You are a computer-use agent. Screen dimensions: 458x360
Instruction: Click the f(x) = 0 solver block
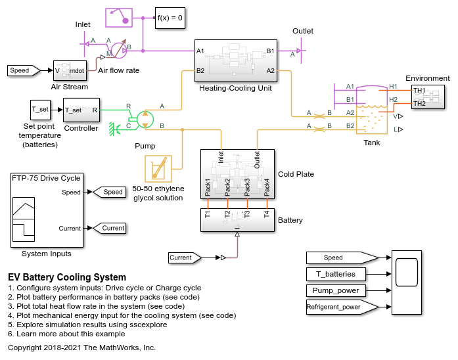pyautogui.click(x=170, y=18)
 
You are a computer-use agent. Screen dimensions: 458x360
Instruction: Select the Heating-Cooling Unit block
pyautogui.click(x=236, y=60)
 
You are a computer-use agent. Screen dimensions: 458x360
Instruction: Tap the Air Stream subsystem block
pyautogui.click(x=70, y=70)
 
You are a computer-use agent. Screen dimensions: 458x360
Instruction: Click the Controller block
pyautogui.click(x=81, y=110)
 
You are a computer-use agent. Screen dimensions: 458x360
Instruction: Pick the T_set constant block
pyautogui.click(x=40, y=110)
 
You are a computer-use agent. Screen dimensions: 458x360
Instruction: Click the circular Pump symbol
pyautogui.click(x=145, y=120)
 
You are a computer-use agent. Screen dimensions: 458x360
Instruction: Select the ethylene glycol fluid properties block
pyautogui.click(x=158, y=169)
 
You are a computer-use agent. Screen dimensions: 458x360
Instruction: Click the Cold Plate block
pyautogui.click(x=237, y=174)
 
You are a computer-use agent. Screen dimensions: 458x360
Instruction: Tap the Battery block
pyautogui.click(x=237, y=220)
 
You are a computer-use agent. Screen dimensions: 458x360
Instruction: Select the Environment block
pyautogui.click(x=428, y=97)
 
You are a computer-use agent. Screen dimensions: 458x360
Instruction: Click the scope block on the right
pyautogui.click(x=407, y=282)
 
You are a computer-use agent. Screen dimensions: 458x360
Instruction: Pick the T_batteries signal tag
pyautogui.click(x=336, y=274)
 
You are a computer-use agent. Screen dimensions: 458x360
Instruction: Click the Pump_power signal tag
pyautogui.click(x=336, y=290)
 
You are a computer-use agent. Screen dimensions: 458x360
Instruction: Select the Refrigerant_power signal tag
pyautogui.click(x=342, y=307)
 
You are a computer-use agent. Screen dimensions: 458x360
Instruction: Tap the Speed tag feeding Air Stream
pyautogui.click(x=24, y=70)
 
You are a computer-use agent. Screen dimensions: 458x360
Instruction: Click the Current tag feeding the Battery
pyautogui.click(x=185, y=258)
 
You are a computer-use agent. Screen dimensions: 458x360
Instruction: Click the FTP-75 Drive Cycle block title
pyautogui.click(x=46, y=178)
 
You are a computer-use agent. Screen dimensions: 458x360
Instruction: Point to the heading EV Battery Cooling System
pyautogui.click(x=67, y=277)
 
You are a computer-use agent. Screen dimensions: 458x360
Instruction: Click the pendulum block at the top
pyautogui.click(x=119, y=18)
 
